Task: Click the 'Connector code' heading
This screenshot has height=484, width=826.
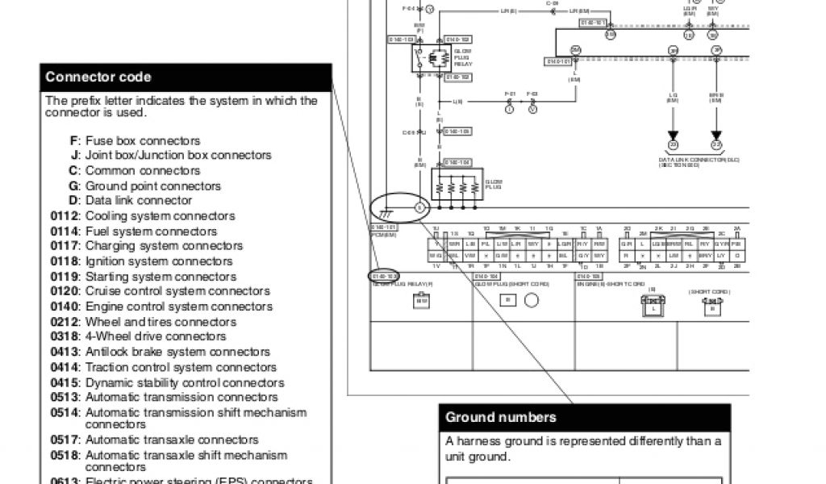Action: (98, 77)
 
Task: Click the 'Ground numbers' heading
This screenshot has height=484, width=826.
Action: (500, 417)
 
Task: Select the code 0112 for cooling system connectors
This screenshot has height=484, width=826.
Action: (65, 216)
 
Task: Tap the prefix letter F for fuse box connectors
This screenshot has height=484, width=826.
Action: (75, 140)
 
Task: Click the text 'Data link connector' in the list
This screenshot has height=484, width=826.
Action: (139, 200)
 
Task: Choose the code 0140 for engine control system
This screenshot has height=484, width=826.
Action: (65, 307)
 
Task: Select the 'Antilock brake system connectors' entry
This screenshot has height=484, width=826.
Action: (177, 352)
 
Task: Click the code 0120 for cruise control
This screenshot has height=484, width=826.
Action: (65, 291)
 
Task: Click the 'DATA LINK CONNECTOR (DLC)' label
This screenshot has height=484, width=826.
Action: (699, 161)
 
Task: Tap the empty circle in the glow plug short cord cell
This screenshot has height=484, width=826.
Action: (532, 301)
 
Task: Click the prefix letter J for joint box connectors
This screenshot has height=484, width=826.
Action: (75, 155)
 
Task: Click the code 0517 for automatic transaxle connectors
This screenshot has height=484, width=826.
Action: (65, 440)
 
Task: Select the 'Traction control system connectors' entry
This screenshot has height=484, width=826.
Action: (181, 367)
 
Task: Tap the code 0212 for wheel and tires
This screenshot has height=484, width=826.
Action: (65, 322)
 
